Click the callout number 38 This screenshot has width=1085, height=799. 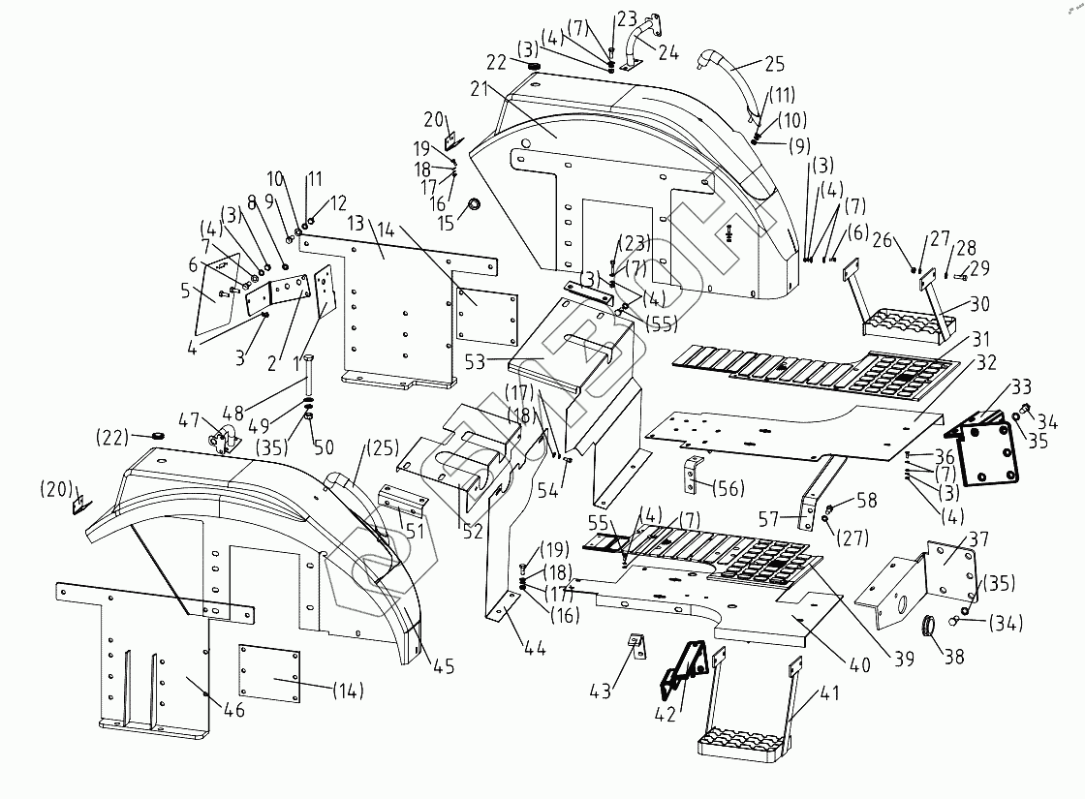coord(954,656)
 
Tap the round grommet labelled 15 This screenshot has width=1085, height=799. coord(476,205)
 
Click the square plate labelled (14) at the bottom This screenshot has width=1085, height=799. coord(273,674)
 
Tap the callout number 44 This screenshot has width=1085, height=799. coord(535,648)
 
